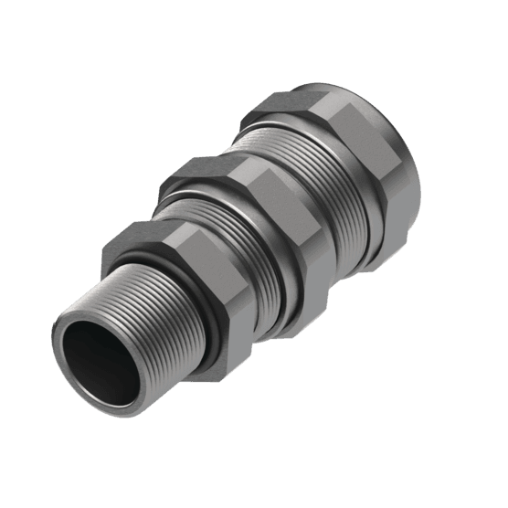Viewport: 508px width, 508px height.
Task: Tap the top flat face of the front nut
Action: coord(146,238)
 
